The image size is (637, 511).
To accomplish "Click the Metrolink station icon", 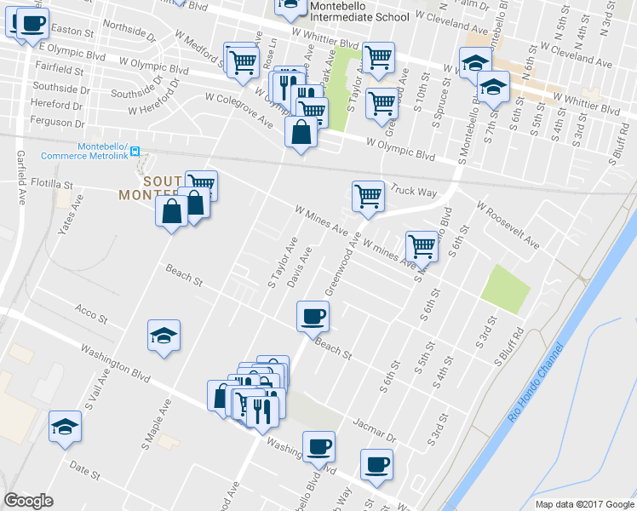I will coord(144,160).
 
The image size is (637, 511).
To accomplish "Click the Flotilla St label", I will coord(53,184).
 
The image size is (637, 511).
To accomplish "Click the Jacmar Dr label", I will coord(379,431).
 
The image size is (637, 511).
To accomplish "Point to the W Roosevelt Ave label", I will coord(508,225).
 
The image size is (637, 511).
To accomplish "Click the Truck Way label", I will coord(415,192).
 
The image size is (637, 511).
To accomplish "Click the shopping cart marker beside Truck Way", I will coord(369,195).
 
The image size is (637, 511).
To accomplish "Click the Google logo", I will coord(28,500).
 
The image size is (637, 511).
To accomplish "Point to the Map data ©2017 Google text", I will coord(584,504).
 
